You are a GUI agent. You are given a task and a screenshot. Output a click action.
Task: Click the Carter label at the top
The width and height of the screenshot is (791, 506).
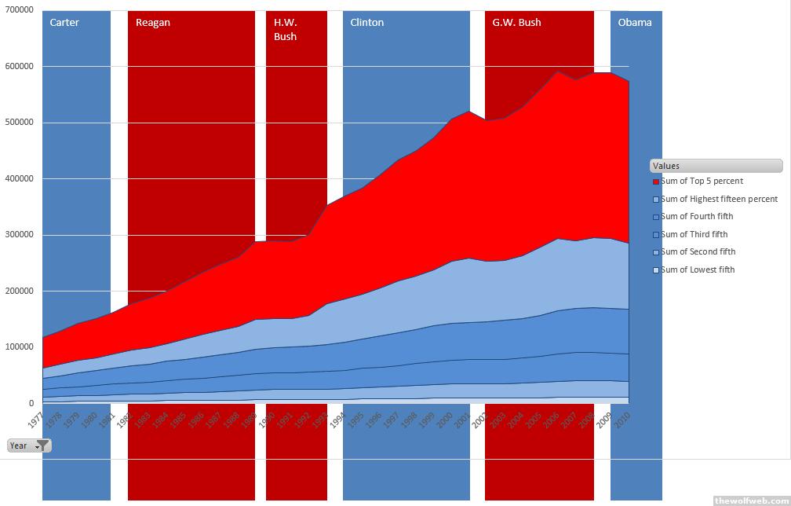(64, 22)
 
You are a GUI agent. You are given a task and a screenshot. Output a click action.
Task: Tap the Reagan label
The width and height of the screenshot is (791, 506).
(152, 22)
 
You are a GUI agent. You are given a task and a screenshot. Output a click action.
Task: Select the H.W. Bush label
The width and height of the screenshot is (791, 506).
(285, 29)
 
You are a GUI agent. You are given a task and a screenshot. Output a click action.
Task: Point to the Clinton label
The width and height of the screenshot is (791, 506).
(366, 22)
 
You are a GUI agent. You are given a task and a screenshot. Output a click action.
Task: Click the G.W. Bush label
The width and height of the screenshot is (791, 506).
(516, 22)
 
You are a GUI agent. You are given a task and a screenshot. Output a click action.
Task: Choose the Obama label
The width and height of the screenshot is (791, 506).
(634, 22)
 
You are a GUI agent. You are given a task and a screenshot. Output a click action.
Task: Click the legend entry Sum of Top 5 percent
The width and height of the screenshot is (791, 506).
(702, 181)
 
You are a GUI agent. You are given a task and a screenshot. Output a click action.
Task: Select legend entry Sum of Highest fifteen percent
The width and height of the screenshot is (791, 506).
(719, 199)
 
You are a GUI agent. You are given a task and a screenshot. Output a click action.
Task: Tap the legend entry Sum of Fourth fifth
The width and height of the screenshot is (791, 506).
(696, 216)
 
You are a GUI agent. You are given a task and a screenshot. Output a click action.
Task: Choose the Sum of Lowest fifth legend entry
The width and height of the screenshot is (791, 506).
(698, 269)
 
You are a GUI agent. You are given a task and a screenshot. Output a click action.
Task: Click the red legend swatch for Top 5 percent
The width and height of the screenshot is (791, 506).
(656, 181)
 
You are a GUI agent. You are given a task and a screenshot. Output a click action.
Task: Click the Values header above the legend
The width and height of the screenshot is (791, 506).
(716, 166)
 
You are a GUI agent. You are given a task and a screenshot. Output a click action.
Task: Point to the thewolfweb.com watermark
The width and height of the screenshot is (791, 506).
(751, 500)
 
